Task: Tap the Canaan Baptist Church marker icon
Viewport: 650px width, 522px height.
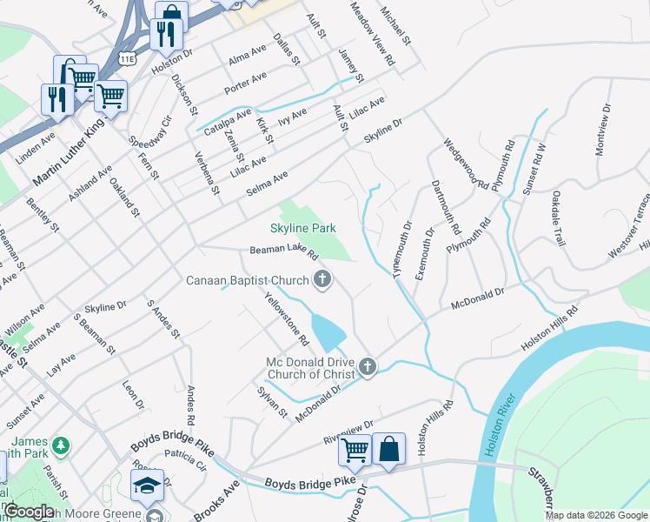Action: pos(322,279)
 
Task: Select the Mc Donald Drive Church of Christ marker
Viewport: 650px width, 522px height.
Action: pos(368,367)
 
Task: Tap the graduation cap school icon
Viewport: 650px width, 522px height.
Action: pos(148,486)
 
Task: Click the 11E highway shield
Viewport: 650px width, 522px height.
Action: pos(127,58)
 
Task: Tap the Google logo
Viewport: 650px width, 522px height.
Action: pos(29,512)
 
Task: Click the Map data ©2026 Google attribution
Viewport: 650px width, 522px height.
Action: pos(596,515)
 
